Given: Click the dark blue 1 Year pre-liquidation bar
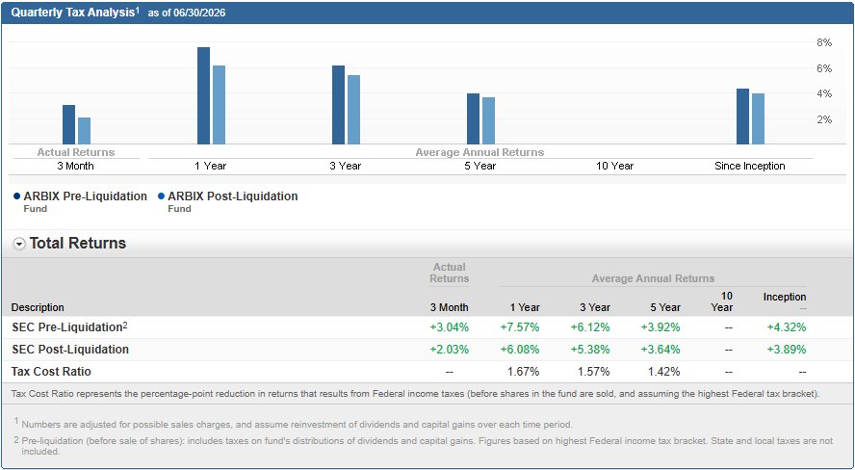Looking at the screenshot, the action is (203, 96).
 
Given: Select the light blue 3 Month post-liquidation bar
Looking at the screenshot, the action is (84, 131).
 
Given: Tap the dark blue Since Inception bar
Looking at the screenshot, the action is (742, 117).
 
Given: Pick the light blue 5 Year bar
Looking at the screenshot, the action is (488, 121).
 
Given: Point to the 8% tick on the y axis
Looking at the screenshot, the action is (824, 42).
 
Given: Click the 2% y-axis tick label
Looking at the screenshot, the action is (824, 119).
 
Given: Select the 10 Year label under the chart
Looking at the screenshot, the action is (614, 166).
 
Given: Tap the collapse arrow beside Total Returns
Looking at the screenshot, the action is (19, 244).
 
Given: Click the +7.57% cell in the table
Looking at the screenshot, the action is (520, 327).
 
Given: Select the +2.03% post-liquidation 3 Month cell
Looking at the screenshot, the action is (450, 350).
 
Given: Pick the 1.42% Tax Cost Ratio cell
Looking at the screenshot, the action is (664, 372).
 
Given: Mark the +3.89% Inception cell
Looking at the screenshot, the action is (787, 350).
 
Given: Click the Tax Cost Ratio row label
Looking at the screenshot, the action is (51, 372).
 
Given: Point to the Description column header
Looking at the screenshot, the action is (38, 307).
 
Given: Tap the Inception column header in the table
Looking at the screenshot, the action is (785, 298).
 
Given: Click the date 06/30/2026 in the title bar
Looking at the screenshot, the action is (199, 13).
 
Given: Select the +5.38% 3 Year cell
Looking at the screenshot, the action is (590, 350).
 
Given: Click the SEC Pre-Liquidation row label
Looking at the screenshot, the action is (69, 327).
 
